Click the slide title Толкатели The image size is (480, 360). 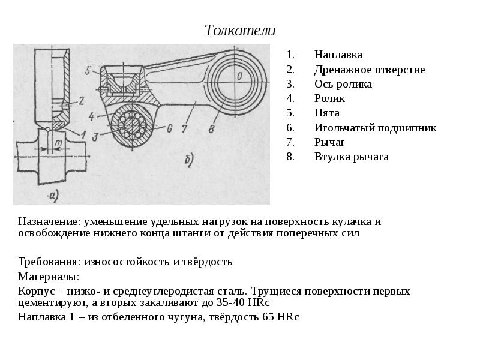pyautogui.click(x=240, y=31)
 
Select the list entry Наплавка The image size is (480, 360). pyautogui.click(x=338, y=55)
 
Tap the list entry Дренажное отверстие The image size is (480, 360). pyautogui.click(x=370, y=70)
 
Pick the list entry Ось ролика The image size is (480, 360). pyautogui.click(x=343, y=84)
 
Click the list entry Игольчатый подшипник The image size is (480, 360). pyautogui.click(x=376, y=128)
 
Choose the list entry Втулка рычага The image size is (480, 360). pyautogui.click(x=352, y=157)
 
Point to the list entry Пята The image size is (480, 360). pyautogui.click(x=327, y=113)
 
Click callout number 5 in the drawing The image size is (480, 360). pyautogui.click(x=88, y=70)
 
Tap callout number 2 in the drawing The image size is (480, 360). pyautogui.click(x=82, y=101)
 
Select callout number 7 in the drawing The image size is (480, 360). pyautogui.click(x=184, y=128)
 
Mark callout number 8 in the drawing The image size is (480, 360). pyautogui.click(x=211, y=129)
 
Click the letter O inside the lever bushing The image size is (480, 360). pyautogui.click(x=239, y=76)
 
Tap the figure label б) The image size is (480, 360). pyautogui.click(x=189, y=160)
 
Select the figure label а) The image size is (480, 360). pyautogui.click(x=53, y=196)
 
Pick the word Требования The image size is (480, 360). pyautogui.click(x=50, y=262)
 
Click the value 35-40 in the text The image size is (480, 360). pyautogui.click(x=230, y=302)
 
